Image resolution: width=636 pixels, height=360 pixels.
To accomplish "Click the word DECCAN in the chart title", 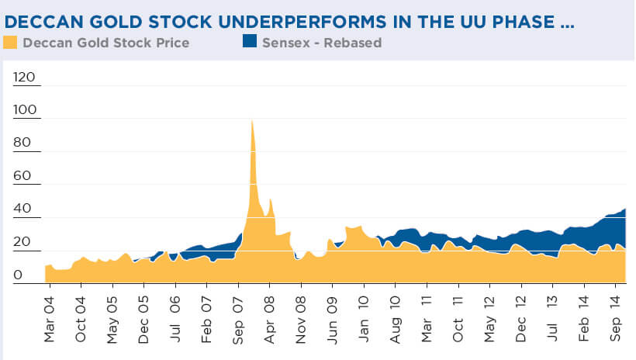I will coord(41,22).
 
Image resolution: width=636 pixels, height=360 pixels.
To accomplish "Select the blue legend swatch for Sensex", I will coord(250,43).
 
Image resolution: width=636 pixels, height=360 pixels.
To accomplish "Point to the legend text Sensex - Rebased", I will coord(320,43).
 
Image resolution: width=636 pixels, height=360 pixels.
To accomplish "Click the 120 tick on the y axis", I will coord(26,78).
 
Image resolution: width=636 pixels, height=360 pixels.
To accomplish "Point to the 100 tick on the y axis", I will coord(26,112).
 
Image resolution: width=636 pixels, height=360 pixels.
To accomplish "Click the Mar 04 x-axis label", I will coord(49,316).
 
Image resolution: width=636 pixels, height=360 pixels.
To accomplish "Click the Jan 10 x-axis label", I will coord(364,316).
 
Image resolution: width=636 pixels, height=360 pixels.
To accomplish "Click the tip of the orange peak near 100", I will coord(252,120).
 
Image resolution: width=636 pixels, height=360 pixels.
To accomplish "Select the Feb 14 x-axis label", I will coord(585,316).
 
